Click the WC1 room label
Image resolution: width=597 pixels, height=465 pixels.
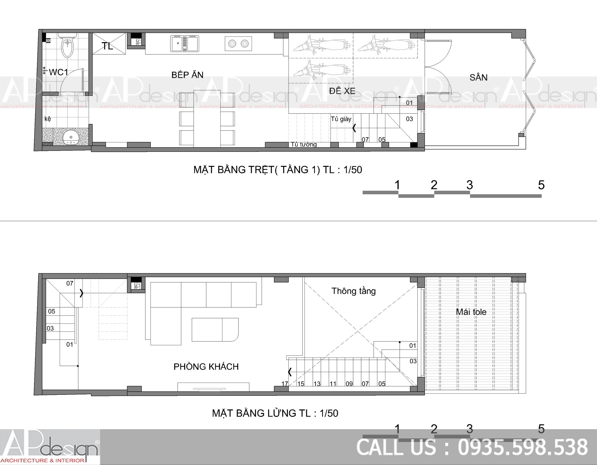tap(59, 72)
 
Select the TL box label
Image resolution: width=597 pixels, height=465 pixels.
tap(107, 46)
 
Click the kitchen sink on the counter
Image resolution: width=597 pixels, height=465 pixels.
tap(184, 44)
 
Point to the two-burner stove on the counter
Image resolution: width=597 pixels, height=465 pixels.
tap(238, 44)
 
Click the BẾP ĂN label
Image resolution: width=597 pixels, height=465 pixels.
tap(187, 75)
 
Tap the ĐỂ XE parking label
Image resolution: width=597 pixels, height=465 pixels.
tap(342, 91)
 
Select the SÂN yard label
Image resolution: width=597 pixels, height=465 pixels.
tap(478, 77)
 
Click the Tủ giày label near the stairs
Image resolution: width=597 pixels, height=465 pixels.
tap(341, 119)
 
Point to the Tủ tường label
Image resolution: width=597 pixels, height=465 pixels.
tap(304, 145)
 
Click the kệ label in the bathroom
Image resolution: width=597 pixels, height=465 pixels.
tap(48, 119)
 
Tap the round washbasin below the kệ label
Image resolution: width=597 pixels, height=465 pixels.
tap(71, 138)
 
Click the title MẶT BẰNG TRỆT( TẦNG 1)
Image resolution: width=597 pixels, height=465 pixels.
tap(257, 170)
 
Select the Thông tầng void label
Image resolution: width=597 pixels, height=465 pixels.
tap(353, 291)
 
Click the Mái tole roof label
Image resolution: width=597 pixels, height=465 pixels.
tap(471, 312)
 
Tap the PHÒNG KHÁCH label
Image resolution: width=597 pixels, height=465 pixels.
tap(206, 366)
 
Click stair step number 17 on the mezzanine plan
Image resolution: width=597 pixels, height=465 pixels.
tap(285, 383)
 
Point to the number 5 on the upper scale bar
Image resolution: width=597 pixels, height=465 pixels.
tap(541, 185)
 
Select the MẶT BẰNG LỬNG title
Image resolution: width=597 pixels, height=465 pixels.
tap(261, 413)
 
